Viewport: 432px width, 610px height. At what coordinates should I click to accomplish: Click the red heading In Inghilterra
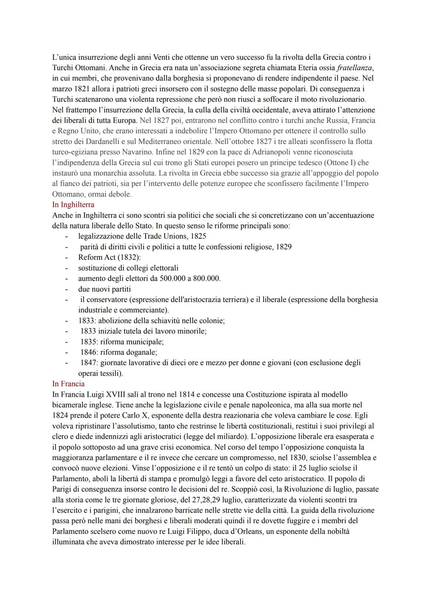pyautogui.click(x=73, y=205)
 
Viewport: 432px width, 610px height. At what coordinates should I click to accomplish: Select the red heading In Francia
pyautogui.click(x=68, y=384)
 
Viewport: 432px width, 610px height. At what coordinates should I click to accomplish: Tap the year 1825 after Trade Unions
pyautogui.click(x=198, y=236)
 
